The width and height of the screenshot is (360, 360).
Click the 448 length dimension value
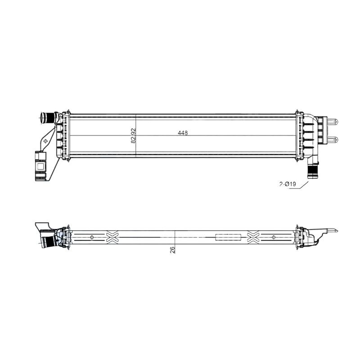coord(183,133)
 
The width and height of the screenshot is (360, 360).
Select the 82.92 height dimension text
coord(133,136)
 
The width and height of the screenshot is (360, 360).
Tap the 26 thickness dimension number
coord(172,250)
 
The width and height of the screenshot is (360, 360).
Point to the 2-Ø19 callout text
coord(288,184)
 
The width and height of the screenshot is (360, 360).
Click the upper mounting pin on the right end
coord(332,121)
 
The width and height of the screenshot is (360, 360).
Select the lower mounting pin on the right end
coord(332,139)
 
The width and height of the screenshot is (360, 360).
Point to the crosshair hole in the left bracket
coord(46,141)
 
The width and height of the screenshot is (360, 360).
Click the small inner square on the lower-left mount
coord(40,166)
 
